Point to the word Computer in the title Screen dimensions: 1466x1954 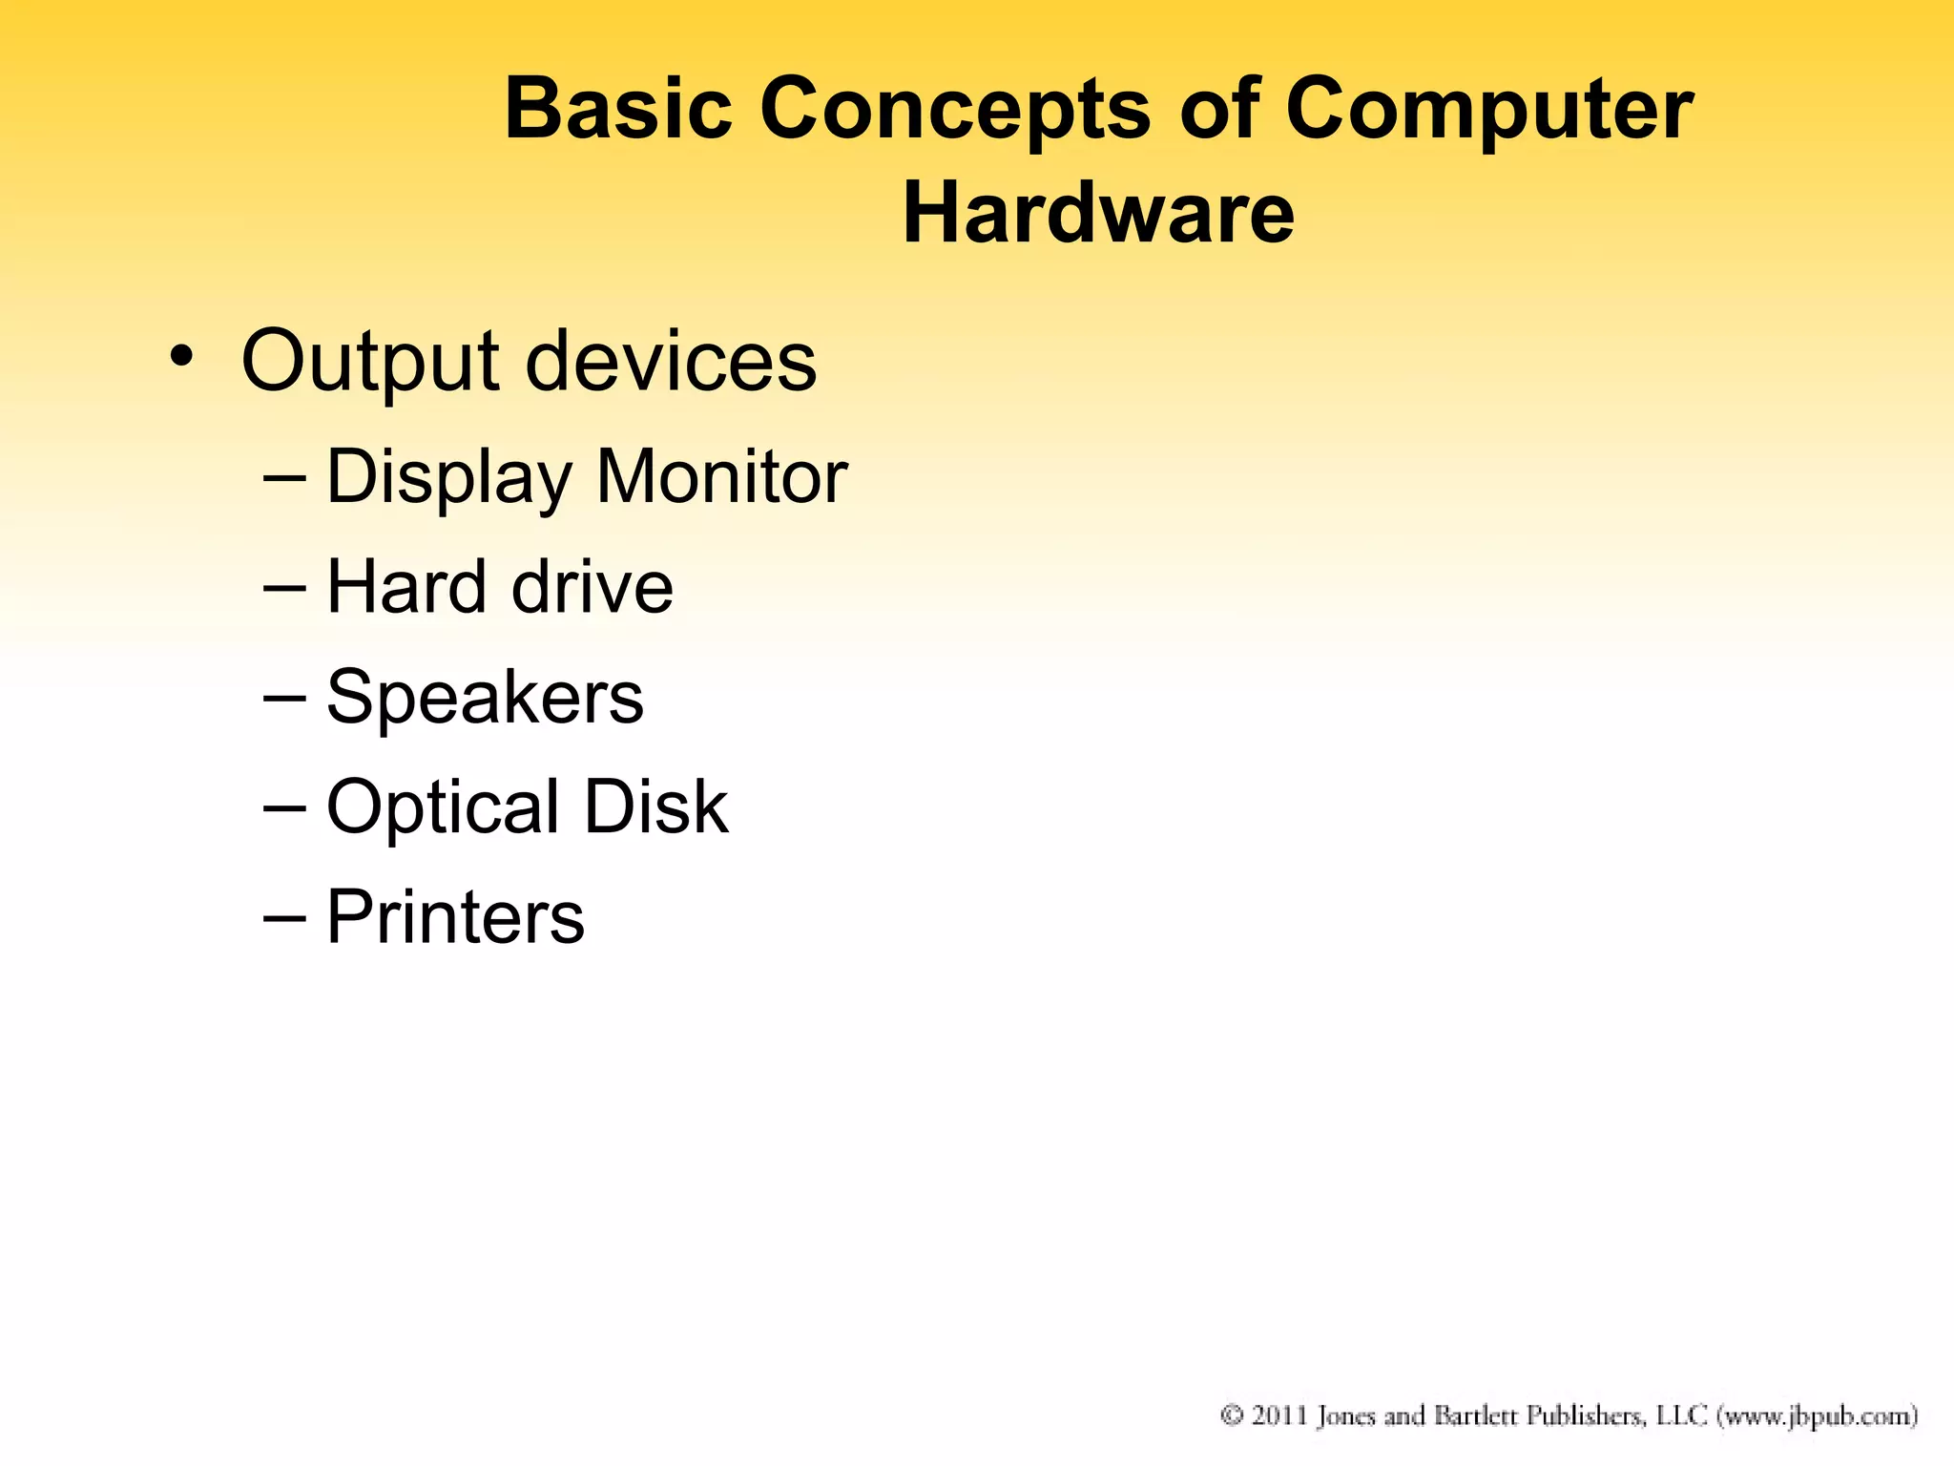(x=1489, y=111)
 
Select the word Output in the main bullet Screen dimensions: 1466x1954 (x=370, y=362)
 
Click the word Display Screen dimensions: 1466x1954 (x=448, y=477)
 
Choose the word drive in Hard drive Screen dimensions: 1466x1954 (x=592, y=586)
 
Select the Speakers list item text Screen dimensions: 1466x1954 (x=485, y=698)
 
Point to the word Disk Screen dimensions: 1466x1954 (x=655, y=806)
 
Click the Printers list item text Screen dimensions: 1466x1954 (x=455, y=916)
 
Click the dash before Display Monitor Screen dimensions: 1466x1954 (x=284, y=476)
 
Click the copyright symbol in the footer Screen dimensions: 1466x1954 (x=1232, y=1414)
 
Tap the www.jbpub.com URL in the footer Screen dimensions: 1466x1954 (x=1818, y=1415)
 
